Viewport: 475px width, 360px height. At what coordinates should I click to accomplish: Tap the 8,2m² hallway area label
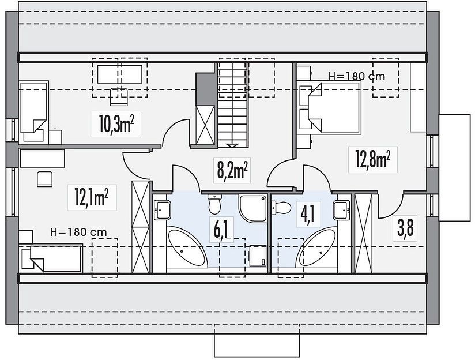click(x=233, y=170)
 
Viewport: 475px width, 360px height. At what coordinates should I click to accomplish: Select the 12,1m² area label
click(x=92, y=197)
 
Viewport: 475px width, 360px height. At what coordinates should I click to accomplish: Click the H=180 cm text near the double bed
click(x=356, y=76)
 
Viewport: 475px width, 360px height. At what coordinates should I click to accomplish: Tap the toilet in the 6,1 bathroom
click(x=215, y=204)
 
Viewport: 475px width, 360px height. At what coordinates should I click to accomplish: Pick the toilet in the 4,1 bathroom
click(x=282, y=208)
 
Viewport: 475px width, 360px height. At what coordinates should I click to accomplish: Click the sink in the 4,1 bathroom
click(x=342, y=210)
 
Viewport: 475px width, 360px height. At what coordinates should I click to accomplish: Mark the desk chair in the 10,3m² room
click(x=119, y=96)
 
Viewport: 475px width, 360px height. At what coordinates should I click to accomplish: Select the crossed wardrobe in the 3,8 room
click(x=363, y=233)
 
